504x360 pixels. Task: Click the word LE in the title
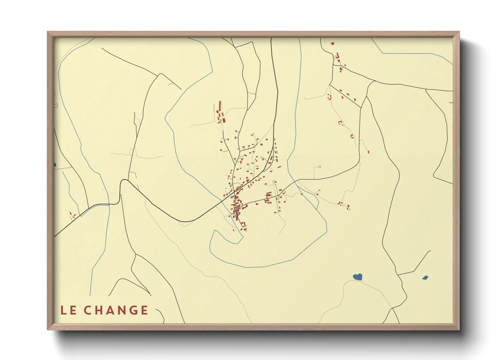[x=68, y=310]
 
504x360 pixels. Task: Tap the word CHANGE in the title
[x=116, y=310]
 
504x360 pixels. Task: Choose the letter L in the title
[x=64, y=310]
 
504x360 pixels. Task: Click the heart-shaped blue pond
[x=357, y=277]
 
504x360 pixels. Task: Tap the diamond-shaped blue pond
[x=425, y=278]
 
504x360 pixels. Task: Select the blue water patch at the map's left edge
[x=55, y=165]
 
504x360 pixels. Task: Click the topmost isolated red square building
[x=333, y=44]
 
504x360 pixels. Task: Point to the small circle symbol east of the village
[x=319, y=167]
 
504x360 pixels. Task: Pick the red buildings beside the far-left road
[x=72, y=215]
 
